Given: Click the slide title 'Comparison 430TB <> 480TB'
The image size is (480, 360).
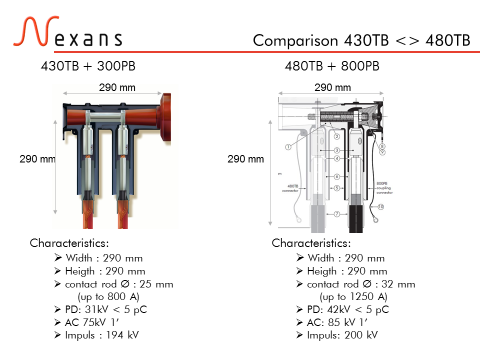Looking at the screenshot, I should pos(361,40).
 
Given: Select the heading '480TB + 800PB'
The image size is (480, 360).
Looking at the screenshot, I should pos(332,66).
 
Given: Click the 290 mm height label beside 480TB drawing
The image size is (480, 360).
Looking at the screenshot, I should pos(247,158).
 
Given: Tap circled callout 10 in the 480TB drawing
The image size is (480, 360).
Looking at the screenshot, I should pos(381,206).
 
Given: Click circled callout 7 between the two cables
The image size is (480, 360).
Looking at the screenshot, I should pos(338,214).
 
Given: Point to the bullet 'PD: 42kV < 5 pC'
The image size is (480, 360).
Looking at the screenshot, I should pos(350,310).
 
